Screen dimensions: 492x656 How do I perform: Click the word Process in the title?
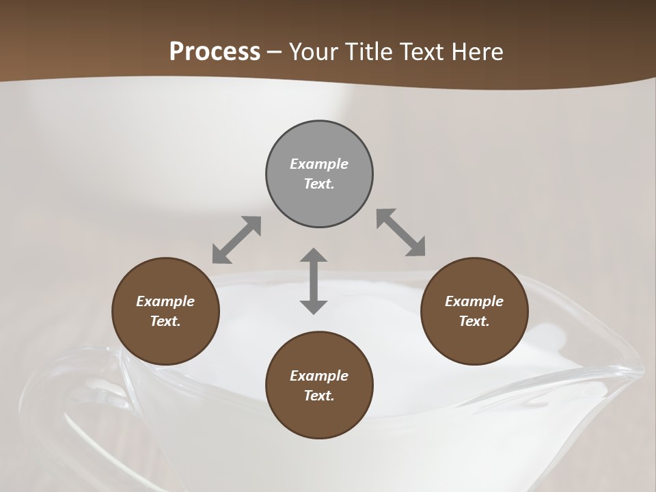pyautogui.click(x=215, y=52)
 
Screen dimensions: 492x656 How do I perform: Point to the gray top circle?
pyautogui.click(x=319, y=174)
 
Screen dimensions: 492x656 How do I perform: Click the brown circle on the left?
pyautogui.click(x=165, y=312)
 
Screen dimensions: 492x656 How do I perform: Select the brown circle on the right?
pyautogui.click(x=474, y=312)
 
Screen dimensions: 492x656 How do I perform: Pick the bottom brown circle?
pyautogui.click(x=319, y=385)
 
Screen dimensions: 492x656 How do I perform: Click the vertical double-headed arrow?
pyautogui.click(x=314, y=281)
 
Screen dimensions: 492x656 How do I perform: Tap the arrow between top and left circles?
pyautogui.click(x=236, y=240)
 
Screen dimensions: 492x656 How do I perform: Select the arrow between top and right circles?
pyautogui.click(x=401, y=232)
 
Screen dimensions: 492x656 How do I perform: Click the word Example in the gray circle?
pyautogui.click(x=319, y=164)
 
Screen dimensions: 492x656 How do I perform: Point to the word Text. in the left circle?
pyautogui.click(x=165, y=321)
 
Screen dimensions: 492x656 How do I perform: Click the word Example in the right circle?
pyautogui.click(x=474, y=301)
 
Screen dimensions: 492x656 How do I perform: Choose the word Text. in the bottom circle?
pyautogui.click(x=319, y=396)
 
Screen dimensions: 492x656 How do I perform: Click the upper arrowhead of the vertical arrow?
pyautogui.click(x=314, y=256)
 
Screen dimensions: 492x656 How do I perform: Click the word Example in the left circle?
pyautogui.click(x=165, y=301)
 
